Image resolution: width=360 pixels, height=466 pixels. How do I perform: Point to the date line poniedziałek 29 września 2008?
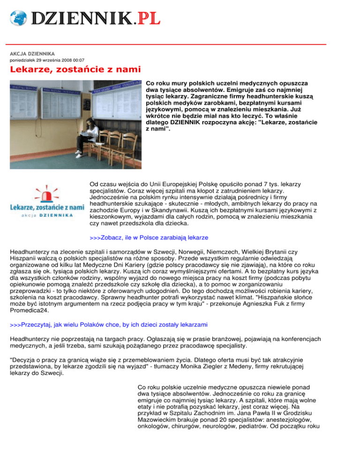[x=47, y=60]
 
